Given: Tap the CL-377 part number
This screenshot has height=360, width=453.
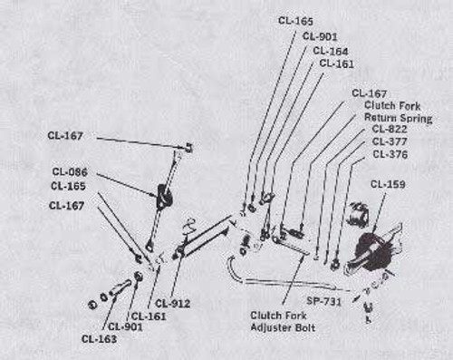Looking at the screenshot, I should (x=389, y=142).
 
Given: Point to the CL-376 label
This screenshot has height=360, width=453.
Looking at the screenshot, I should (x=389, y=155).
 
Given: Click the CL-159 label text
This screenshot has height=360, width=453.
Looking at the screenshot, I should (x=387, y=184).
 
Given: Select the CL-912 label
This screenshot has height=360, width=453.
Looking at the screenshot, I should (x=171, y=302).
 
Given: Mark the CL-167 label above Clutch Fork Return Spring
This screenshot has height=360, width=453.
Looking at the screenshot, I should (x=369, y=92).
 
